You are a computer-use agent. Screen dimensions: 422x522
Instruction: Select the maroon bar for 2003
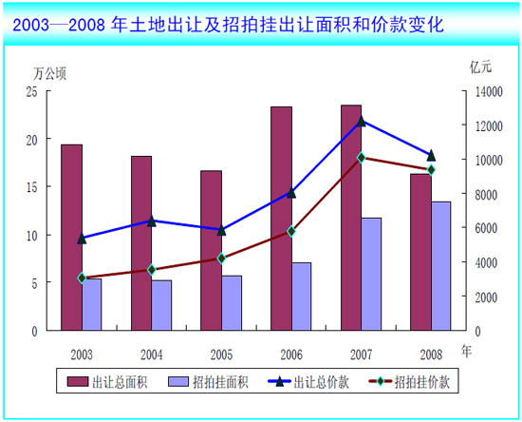[71, 238]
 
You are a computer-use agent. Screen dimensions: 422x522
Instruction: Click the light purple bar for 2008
[440, 266]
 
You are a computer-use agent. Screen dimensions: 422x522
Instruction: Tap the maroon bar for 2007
[351, 218]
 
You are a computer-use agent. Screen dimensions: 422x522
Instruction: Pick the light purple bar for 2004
[161, 305]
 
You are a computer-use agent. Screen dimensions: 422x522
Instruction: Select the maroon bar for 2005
[211, 251]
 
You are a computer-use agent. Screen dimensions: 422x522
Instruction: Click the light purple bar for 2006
[301, 297]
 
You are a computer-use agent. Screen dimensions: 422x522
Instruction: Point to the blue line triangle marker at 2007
[361, 121]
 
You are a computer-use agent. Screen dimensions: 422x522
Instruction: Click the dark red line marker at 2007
[361, 158]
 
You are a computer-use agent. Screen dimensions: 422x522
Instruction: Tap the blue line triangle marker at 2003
[82, 239]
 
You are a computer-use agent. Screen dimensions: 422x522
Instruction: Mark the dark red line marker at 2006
[291, 231]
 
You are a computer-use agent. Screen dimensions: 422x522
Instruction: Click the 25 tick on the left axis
[31, 91]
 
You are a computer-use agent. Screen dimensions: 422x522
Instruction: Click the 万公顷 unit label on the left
[49, 72]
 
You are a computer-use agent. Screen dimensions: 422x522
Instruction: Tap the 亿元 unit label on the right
[480, 67]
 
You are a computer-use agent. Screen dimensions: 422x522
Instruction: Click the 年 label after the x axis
[465, 351]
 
